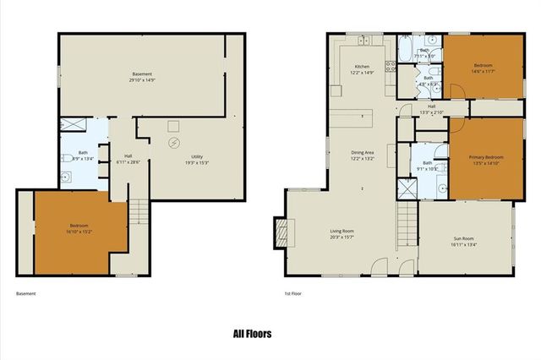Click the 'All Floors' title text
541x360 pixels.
point(252,334)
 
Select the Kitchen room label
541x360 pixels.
point(362,66)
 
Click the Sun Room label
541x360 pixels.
point(464,239)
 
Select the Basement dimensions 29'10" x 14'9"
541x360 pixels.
point(142,79)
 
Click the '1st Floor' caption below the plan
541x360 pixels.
point(293,293)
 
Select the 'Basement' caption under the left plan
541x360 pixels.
point(26,293)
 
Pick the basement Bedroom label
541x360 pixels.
point(78,224)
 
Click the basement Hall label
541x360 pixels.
point(128,155)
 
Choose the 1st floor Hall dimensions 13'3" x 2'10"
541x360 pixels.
point(432,112)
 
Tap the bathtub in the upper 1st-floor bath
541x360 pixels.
point(405,49)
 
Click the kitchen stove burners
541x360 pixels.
point(389,67)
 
